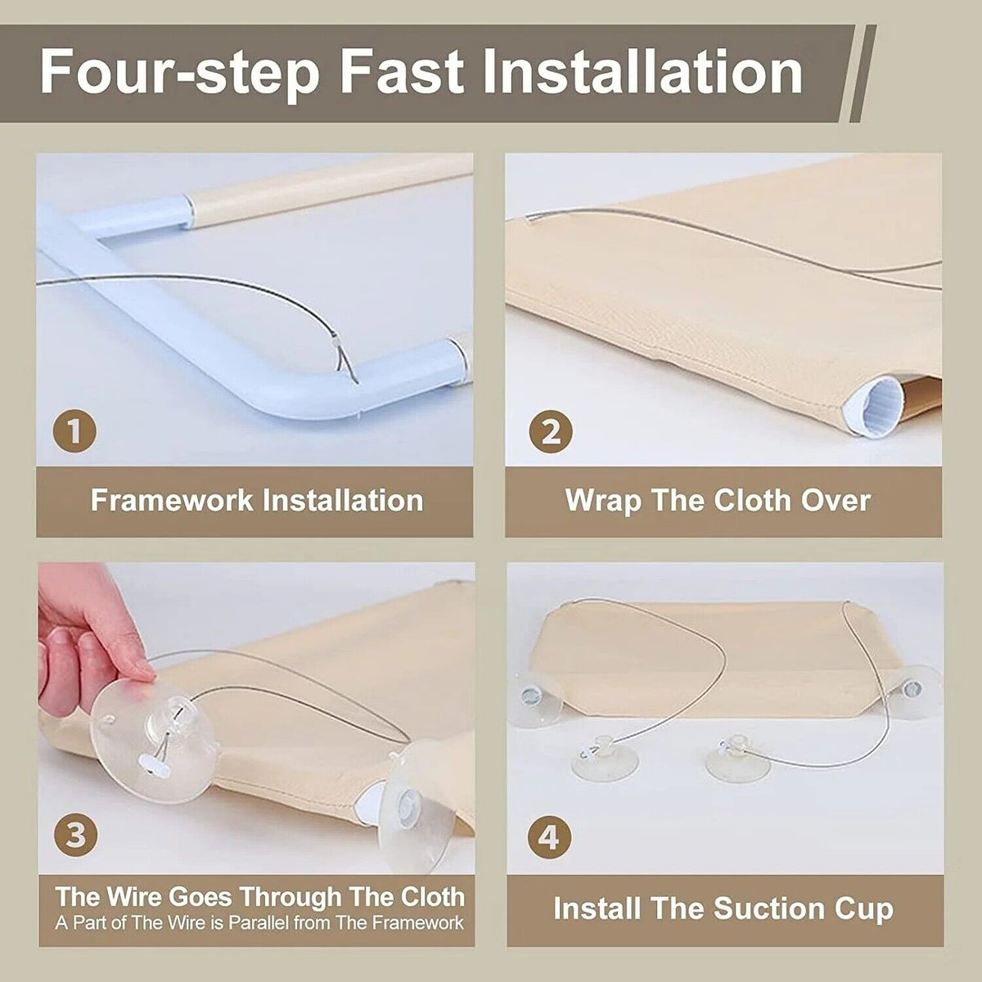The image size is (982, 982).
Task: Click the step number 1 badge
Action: click(75, 431)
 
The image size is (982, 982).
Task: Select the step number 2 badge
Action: click(551, 431)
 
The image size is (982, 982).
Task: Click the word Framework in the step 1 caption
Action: click(172, 501)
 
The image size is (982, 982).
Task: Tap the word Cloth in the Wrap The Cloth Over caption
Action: click(752, 501)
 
